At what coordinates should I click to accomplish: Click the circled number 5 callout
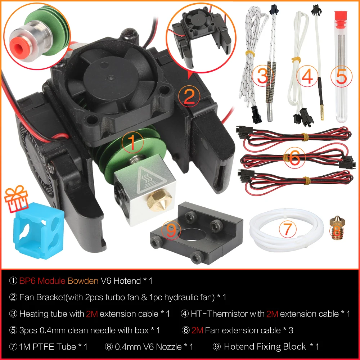[342, 77]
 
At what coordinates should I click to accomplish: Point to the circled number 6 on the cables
[294, 157]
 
